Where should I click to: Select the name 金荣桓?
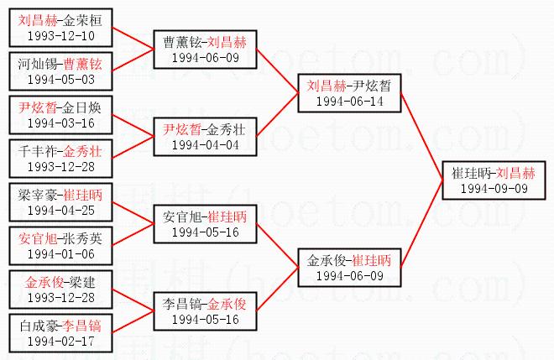coord(81,18)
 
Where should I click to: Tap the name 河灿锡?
coord(38,64)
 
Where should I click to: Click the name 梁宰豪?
coord(38,193)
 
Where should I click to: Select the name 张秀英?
coord(81,237)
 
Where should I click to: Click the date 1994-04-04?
coord(205,144)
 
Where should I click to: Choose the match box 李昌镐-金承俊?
coord(205,310)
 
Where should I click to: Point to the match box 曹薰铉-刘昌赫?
coord(205,49)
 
